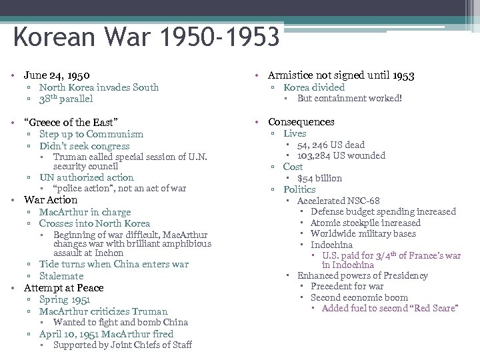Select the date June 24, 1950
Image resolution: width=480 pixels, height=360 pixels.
pos(57,75)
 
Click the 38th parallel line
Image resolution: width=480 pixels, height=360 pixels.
pos(66,99)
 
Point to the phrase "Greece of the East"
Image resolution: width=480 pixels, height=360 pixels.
pos(71,122)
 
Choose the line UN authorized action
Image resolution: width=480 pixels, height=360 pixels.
pos(87,177)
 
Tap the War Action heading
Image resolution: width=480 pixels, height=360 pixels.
pos(51,200)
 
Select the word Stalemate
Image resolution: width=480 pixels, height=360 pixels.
pos(61,276)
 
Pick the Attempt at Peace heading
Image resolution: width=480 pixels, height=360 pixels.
pos(64,288)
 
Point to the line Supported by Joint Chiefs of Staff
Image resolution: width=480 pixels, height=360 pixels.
pos(123,345)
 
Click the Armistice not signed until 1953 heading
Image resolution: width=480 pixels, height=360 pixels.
pos(341,75)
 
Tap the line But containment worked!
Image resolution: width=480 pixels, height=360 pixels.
pos(349,99)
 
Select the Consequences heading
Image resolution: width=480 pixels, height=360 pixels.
pos(301,122)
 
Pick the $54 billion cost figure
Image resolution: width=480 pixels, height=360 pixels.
pos(319,178)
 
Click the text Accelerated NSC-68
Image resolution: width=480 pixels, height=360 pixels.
pos(339,201)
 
